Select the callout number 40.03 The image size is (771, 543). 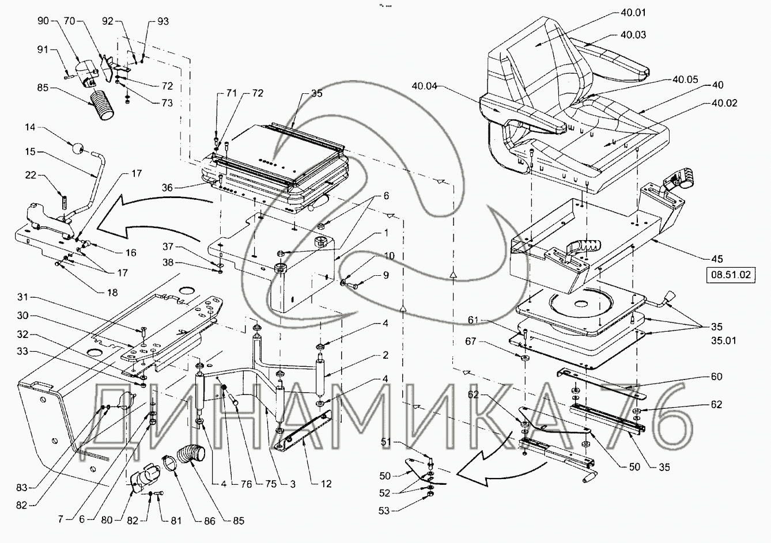point(633,35)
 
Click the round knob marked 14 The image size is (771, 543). point(76,148)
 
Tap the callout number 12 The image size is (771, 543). point(326,484)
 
